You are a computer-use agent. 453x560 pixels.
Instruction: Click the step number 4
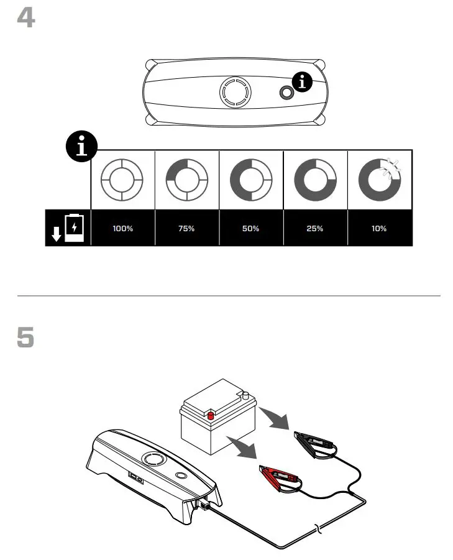(25, 19)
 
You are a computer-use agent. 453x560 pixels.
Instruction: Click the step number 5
(25, 338)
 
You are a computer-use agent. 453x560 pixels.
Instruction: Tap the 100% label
(123, 228)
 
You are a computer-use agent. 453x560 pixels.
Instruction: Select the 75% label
(187, 228)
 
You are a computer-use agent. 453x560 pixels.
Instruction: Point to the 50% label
(251, 228)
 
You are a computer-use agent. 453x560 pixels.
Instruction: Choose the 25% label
(315, 228)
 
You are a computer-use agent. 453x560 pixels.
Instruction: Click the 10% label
(379, 228)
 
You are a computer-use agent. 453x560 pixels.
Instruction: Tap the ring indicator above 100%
(122, 180)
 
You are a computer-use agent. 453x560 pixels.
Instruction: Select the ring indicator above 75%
(186, 180)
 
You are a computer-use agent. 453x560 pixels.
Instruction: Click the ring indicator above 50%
(251, 180)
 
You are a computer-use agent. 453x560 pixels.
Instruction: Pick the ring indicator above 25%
(315, 180)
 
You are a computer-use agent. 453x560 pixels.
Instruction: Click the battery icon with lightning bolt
(75, 228)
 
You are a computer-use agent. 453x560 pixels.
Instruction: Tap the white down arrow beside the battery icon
(56, 234)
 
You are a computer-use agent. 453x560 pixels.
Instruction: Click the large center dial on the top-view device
(236, 93)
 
